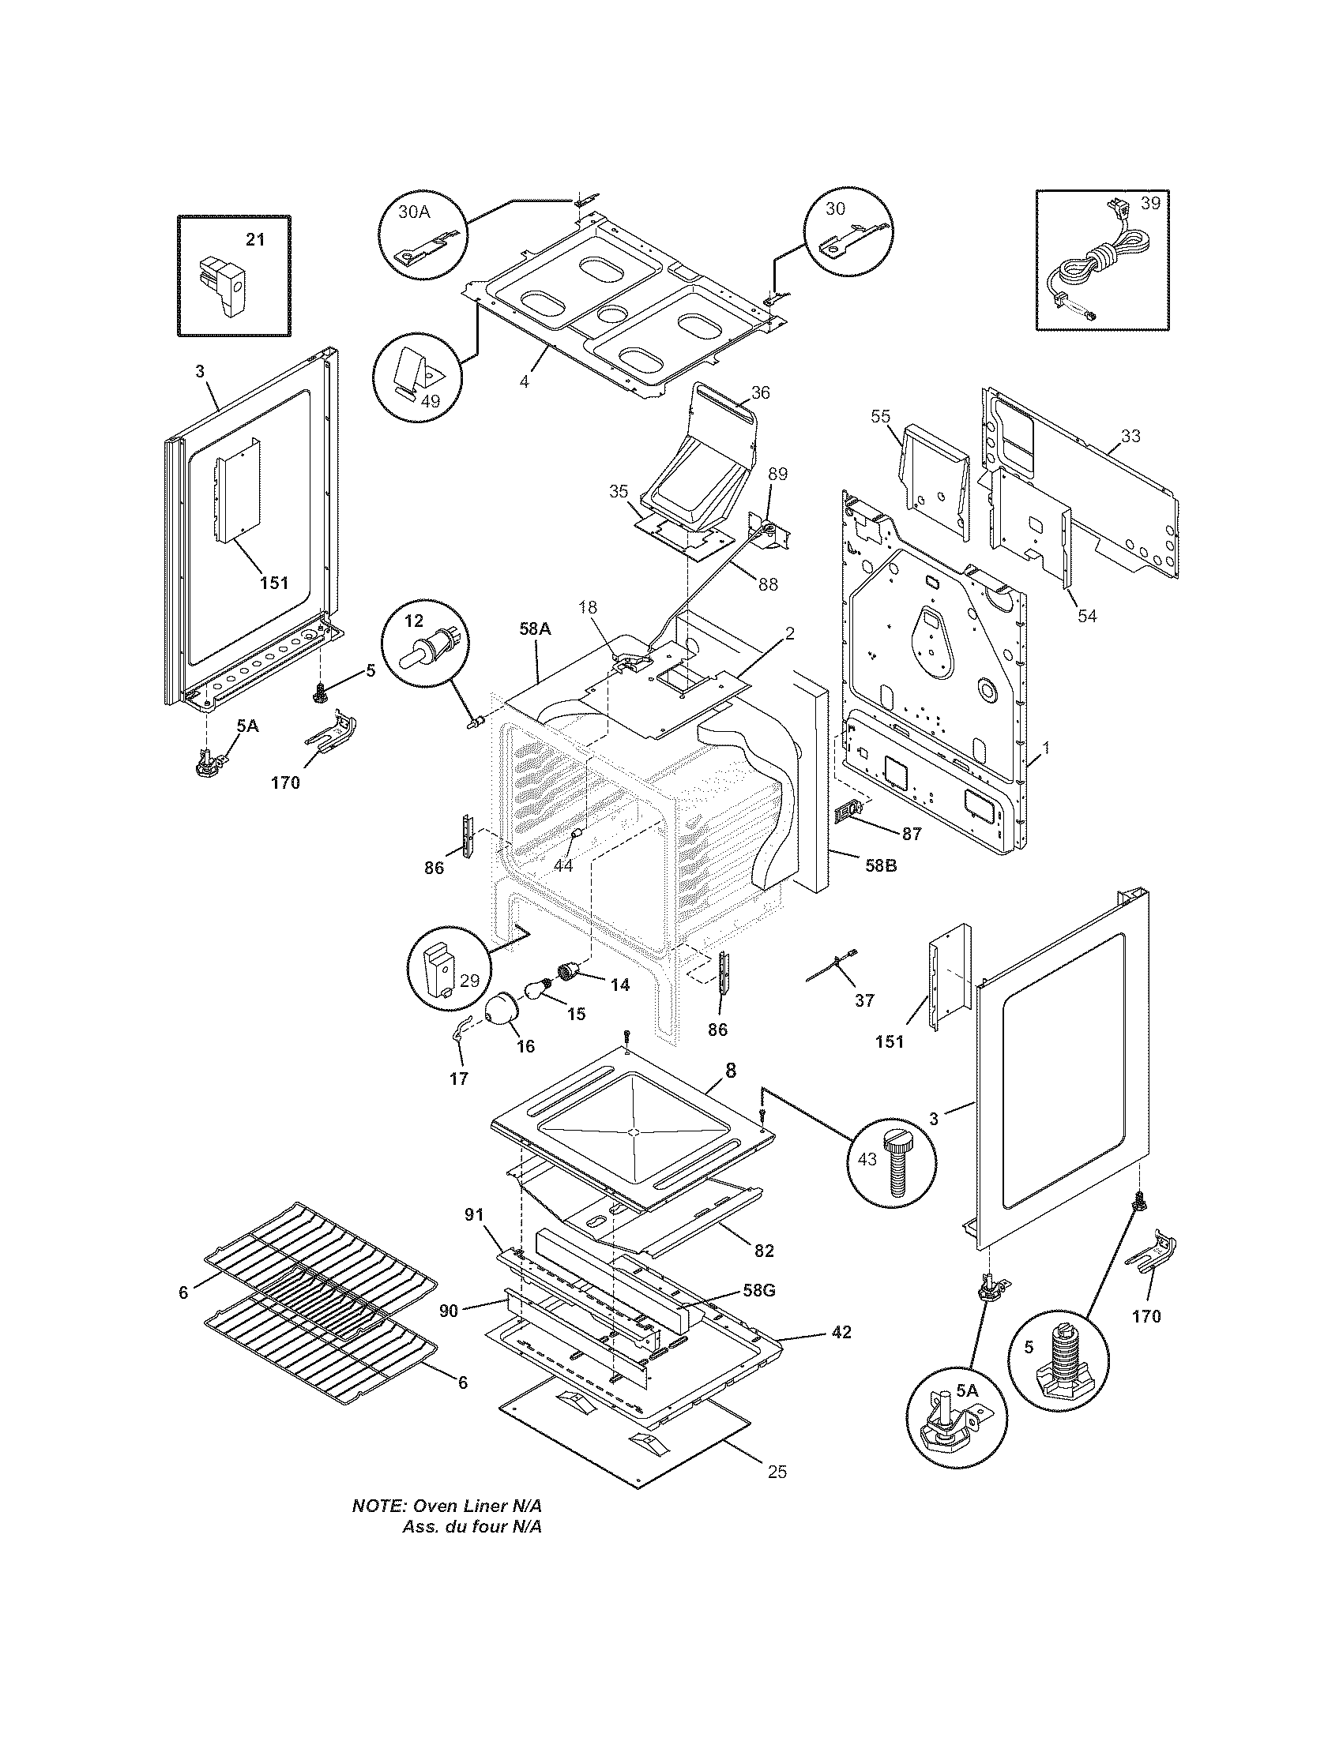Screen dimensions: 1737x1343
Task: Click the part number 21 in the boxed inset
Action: coord(254,238)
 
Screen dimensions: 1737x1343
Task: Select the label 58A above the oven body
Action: coord(535,628)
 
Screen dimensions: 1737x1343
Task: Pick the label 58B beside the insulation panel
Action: coord(880,865)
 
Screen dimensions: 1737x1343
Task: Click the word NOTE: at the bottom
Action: coord(379,1506)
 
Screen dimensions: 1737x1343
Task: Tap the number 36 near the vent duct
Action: coord(760,392)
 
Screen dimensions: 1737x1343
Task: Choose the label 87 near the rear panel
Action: coord(910,834)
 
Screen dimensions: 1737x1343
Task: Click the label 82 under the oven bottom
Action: coord(763,1251)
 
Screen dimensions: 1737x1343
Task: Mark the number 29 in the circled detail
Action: coord(469,981)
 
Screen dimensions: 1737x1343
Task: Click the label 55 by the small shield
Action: coord(879,416)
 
